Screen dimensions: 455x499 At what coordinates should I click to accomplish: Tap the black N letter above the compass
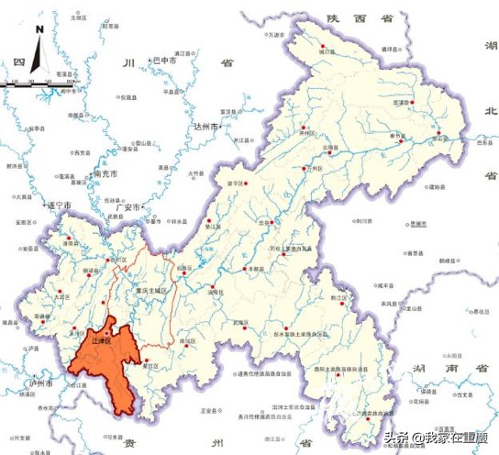click(x=39, y=28)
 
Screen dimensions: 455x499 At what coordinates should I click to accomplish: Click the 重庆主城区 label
click(x=148, y=291)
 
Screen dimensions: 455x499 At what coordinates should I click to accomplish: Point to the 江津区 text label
click(x=102, y=340)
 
